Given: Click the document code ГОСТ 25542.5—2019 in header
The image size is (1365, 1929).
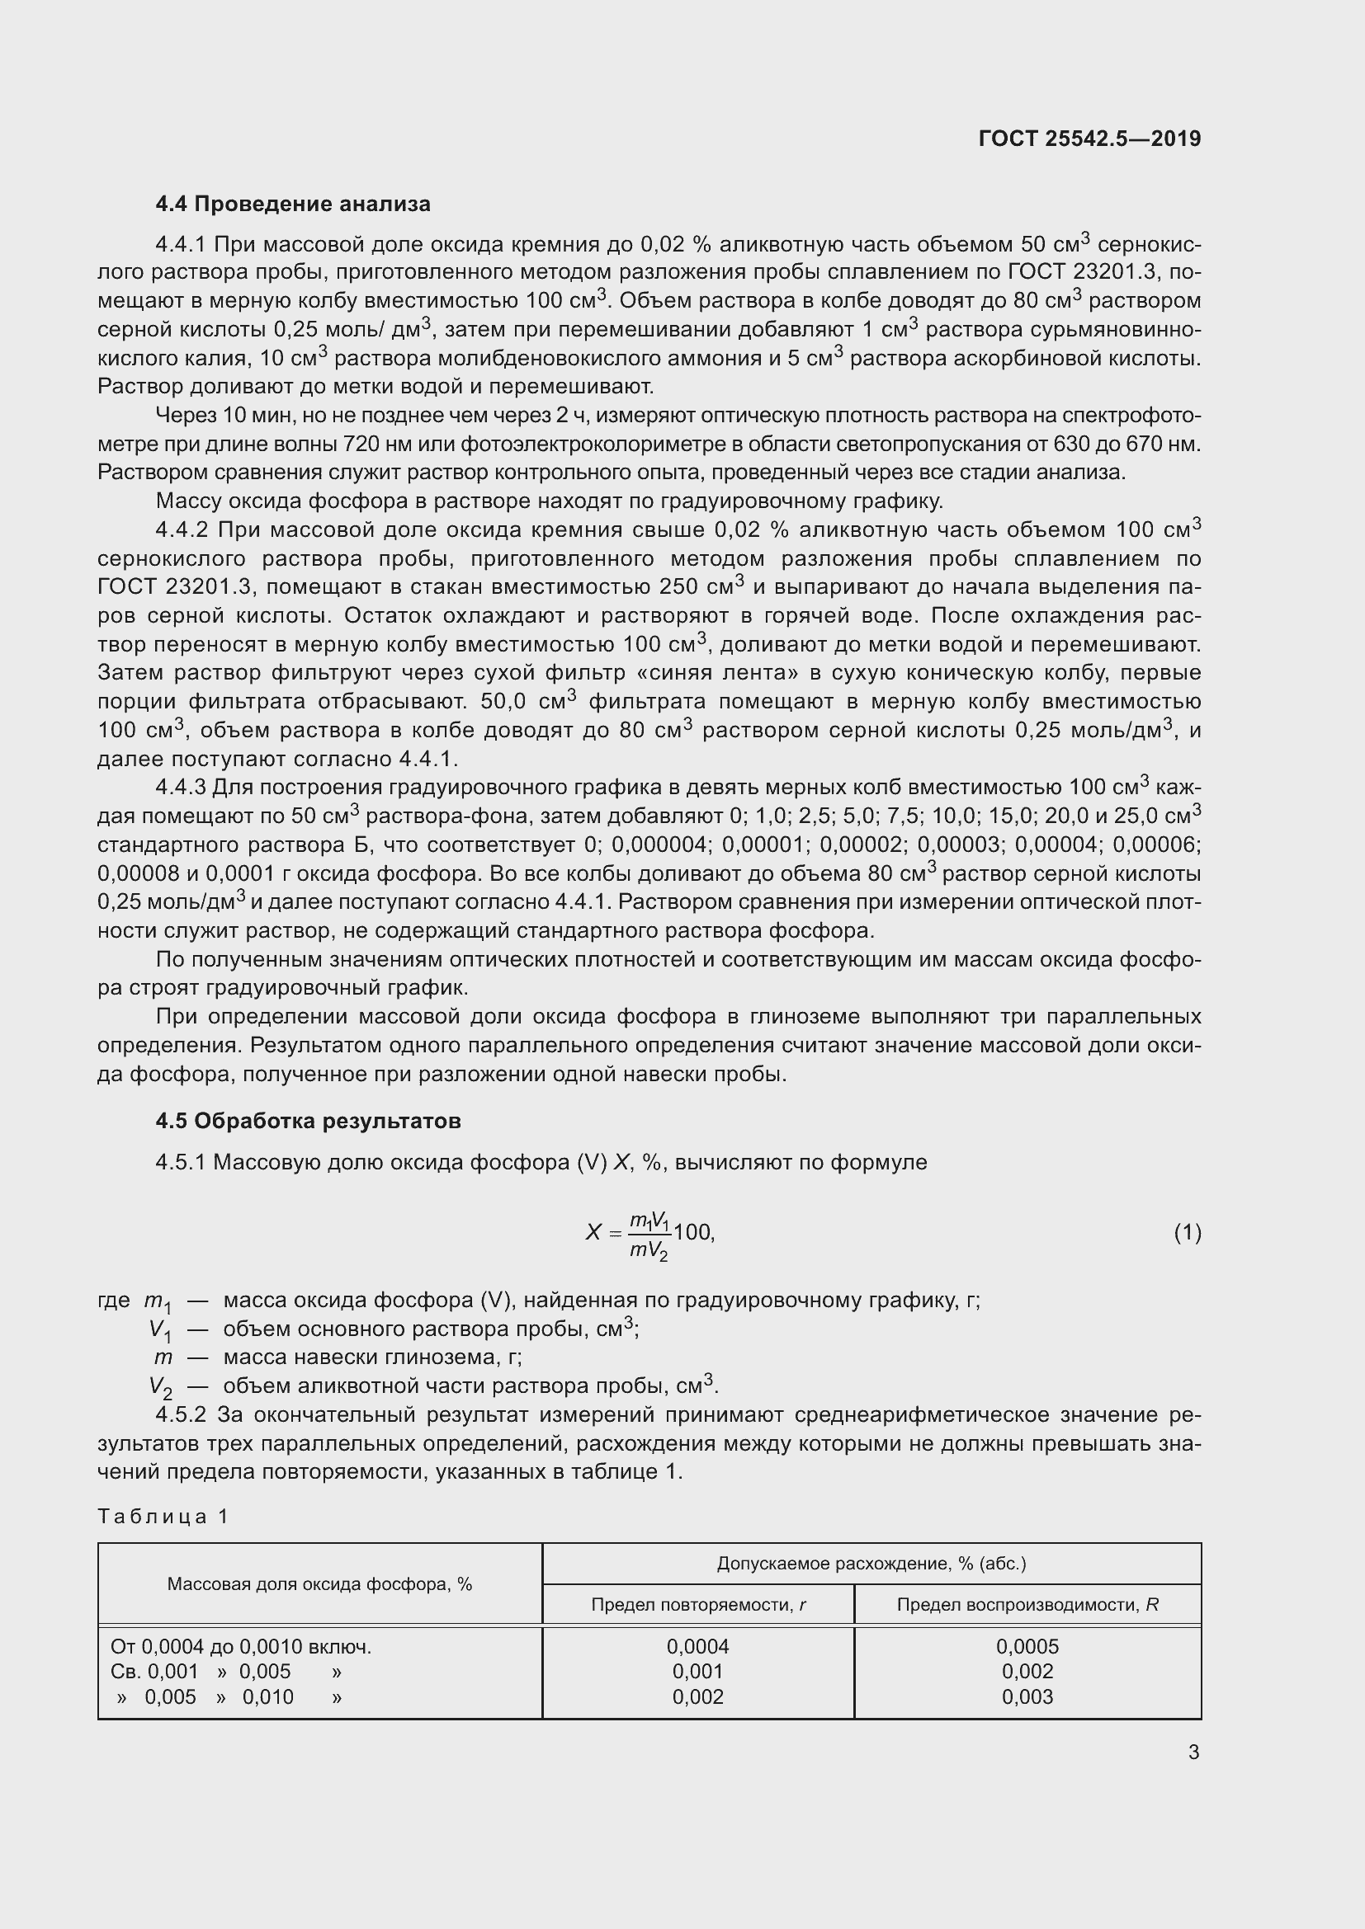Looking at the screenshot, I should pyautogui.click(x=1089, y=139).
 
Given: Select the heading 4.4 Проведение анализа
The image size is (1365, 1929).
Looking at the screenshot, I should pyautogui.click(x=292, y=205).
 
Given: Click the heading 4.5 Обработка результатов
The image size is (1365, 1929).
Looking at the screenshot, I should pyautogui.click(x=308, y=1122).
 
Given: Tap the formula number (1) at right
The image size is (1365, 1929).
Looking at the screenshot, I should pyautogui.click(x=1187, y=1232).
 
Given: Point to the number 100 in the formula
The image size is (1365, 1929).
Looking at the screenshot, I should pyautogui.click(x=692, y=1232).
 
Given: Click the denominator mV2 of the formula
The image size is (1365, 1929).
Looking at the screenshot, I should pyautogui.click(x=648, y=1251).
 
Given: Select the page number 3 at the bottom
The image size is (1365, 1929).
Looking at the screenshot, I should pyautogui.click(x=1193, y=1752).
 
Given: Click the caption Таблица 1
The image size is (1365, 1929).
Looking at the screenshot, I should pyautogui.click(x=163, y=1516).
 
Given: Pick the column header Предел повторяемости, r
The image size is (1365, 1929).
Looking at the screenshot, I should pyautogui.click(x=697, y=1605).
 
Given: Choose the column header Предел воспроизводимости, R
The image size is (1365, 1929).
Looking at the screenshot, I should pyautogui.click(x=1027, y=1605).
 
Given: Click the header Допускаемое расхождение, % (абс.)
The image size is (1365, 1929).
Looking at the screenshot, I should pyautogui.click(x=871, y=1564).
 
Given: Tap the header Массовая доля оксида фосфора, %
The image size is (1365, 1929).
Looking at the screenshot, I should pyautogui.click(x=319, y=1583).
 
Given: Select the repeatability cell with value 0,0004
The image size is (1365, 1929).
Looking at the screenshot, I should pyautogui.click(x=697, y=1646).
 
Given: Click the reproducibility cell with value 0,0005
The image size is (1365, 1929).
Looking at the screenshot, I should pyautogui.click(x=1027, y=1646).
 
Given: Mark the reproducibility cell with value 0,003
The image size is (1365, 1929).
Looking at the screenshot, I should pyautogui.click(x=1027, y=1696).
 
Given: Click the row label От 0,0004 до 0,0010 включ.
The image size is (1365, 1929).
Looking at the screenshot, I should pyautogui.click(x=241, y=1646).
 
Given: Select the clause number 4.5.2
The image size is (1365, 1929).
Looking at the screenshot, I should pyautogui.click(x=181, y=1415).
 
